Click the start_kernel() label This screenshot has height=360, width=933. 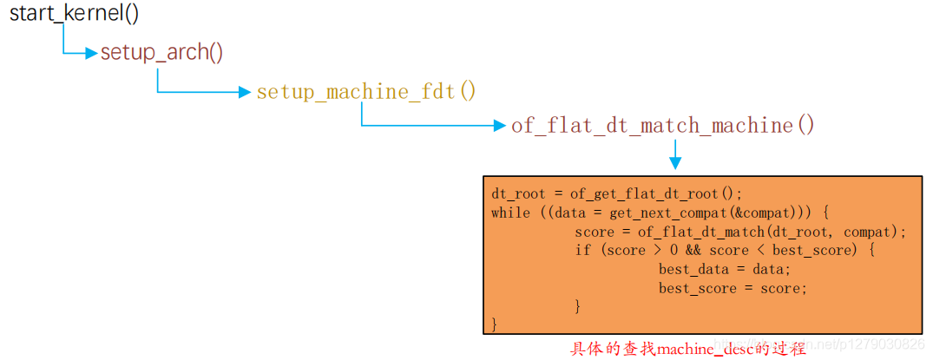coord(74,14)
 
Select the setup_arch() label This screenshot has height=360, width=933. coord(161,52)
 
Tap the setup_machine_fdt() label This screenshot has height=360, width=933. coord(365,91)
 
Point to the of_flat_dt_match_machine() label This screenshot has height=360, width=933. coord(663,126)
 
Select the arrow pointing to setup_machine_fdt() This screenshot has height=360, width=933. coord(244,92)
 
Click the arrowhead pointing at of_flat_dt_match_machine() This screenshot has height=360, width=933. coord(498,126)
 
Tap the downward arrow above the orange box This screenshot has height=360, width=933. coord(675,157)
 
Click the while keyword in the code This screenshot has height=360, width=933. coord(510,213)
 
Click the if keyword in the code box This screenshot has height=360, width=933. coord(582,251)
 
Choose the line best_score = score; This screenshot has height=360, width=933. coord(732,288)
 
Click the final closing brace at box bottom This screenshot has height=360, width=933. coord(495,325)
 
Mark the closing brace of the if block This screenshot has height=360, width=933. coord(578,306)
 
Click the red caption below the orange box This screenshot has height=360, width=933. coord(687,350)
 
